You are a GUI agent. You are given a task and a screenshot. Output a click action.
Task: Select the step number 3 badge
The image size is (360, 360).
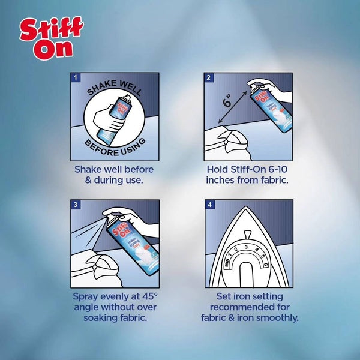coord(76,205)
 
